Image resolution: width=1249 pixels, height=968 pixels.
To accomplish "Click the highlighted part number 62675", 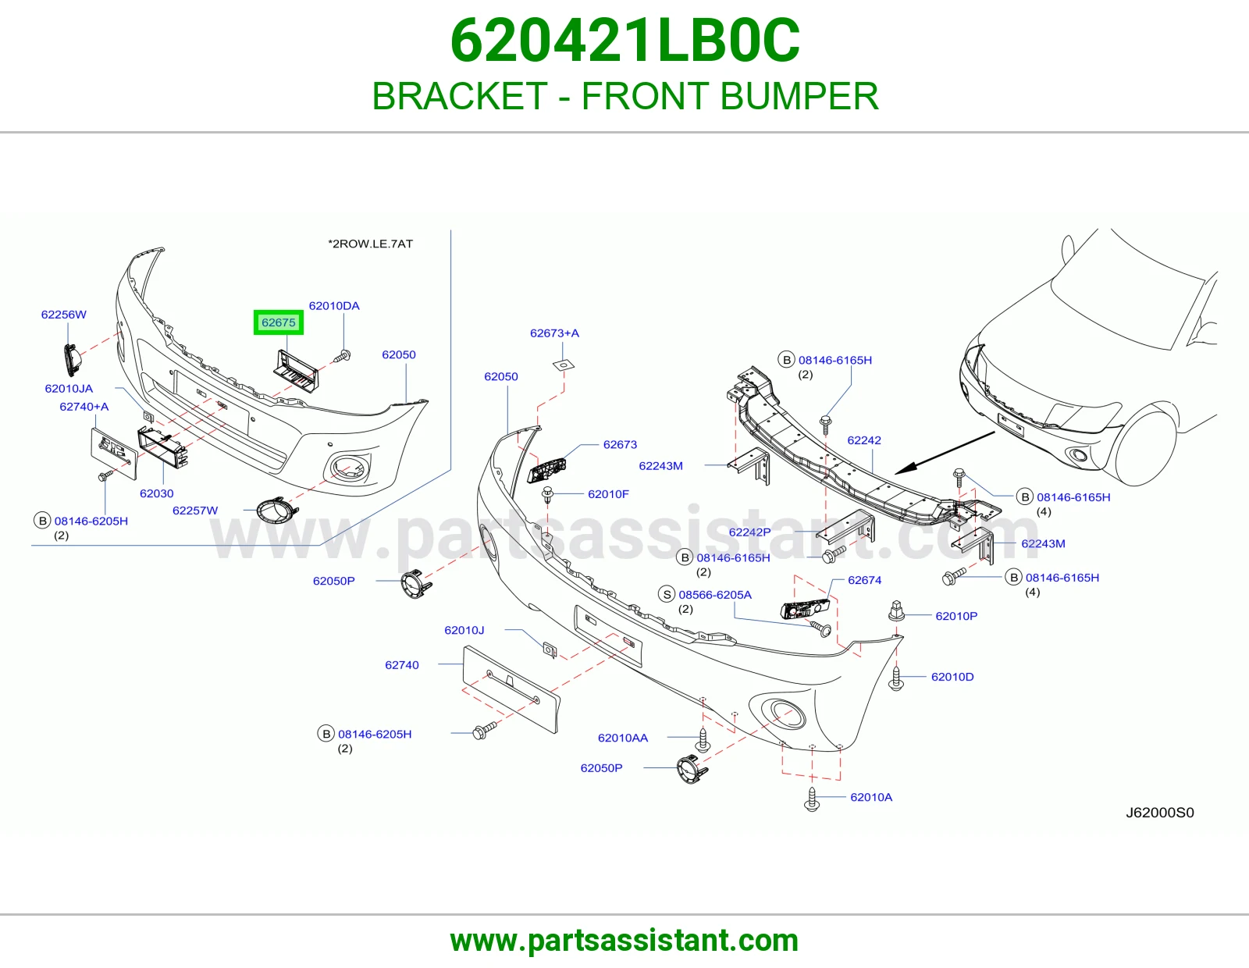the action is (278, 322).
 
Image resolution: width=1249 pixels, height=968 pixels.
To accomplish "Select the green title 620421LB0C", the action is (624, 41).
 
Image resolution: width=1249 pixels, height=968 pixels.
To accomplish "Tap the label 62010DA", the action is (334, 306).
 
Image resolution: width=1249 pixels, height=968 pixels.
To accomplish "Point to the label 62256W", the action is (64, 315).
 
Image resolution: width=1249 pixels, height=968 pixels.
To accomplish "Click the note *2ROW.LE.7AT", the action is (370, 244).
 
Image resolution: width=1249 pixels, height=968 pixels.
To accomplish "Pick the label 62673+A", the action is (554, 333).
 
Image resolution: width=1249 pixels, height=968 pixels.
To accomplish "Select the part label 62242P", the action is (749, 532).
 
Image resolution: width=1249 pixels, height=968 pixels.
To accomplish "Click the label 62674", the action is (864, 581).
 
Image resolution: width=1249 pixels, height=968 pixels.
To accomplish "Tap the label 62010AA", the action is (622, 738).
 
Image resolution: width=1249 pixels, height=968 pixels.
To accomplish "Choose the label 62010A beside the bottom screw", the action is (871, 797).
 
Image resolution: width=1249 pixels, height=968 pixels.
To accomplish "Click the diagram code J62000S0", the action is (1159, 813).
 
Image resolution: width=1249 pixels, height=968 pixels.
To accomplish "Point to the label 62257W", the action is (195, 511).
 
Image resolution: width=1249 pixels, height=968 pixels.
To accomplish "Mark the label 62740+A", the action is (84, 407).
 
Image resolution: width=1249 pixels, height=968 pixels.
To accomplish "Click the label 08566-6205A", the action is (715, 595).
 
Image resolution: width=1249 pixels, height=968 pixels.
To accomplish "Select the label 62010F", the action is (608, 494).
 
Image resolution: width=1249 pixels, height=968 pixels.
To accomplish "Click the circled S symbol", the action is (666, 595).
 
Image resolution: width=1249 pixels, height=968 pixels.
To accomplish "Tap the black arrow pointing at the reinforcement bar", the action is (945, 453).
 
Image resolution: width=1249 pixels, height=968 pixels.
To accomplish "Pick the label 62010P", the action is (955, 616).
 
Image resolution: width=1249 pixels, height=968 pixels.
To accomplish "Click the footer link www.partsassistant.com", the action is (624, 941).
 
